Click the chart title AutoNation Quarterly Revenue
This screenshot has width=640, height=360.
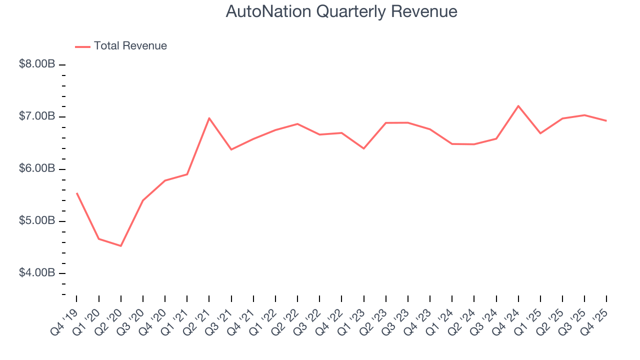[341, 11]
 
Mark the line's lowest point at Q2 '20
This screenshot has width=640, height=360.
[121, 246]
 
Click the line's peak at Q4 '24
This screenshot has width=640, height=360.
[518, 106]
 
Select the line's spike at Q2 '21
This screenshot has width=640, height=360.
[209, 118]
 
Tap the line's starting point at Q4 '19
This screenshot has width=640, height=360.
[77, 193]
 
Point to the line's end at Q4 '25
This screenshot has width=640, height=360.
[606, 120]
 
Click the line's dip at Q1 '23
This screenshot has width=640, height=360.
[363, 148]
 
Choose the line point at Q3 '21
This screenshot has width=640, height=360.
[231, 149]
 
